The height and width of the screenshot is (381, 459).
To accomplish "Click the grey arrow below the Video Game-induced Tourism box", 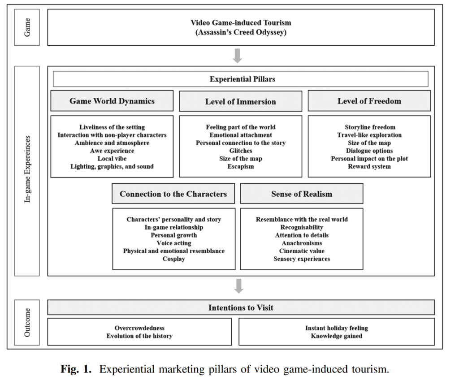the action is click(x=238, y=56).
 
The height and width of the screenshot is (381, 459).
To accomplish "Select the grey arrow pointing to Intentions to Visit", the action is click(x=239, y=286).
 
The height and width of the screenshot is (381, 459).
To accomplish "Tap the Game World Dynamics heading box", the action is click(x=112, y=101).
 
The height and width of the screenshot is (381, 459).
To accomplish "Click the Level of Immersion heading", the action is click(x=241, y=101).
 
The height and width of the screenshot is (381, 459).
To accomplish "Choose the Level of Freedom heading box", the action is click(x=369, y=101).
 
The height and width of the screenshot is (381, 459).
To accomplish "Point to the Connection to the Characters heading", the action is click(x=173, y=194).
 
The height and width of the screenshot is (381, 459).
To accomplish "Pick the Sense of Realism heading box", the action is click(x=302, y=194).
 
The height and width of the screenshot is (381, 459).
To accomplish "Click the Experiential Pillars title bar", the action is click(x=241, y=79).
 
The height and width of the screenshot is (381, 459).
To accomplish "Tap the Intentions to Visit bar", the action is click(x=241, y=307).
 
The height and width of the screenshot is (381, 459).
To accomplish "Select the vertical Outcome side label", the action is click(x=27, y=322).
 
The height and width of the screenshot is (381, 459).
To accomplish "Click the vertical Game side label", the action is click(x=27, y=27).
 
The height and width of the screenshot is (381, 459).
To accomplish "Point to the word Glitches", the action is click(x=241, y=151).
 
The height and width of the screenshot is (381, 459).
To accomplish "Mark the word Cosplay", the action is click(x=174, y=259).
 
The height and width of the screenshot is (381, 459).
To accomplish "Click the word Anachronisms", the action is click(x=302, y=243).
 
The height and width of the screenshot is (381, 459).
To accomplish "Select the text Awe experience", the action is click(x=112, y=151).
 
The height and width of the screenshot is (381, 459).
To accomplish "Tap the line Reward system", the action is click(x=369, y=166).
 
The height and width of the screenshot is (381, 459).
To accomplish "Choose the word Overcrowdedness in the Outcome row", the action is click(x=139, y=328).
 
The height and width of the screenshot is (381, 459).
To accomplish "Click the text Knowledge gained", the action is click(x=337, y=336).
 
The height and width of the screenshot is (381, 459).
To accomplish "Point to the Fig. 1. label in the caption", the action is click(x=76, y=369).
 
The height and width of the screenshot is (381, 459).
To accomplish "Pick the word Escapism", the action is click(x=241, y=166).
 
